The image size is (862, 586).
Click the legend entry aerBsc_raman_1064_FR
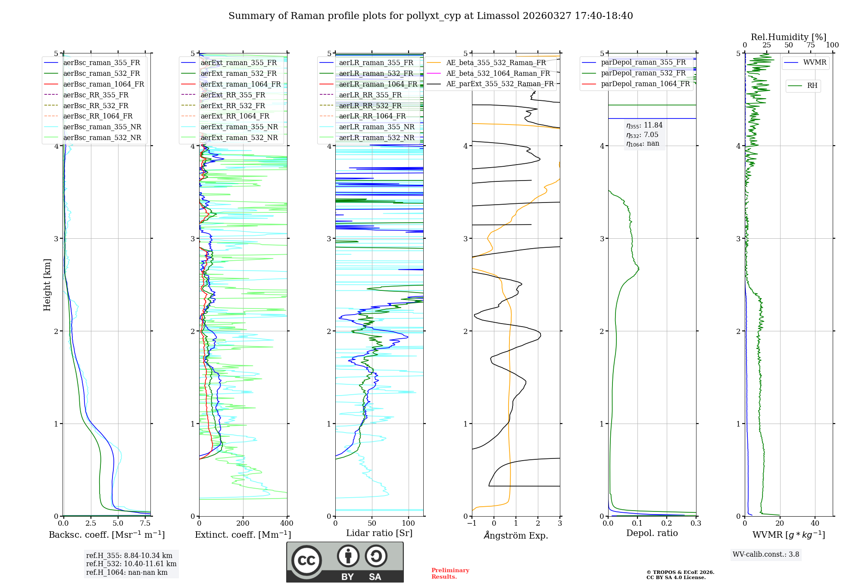pyautogui.click(x=103, y=84)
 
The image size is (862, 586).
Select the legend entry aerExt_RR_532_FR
pyautogui.click(x=235, y=106)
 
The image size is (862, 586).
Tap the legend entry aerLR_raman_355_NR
pyautogui.click(x=376, y=127)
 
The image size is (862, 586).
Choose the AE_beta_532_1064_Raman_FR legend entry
pyautogui.click(x=498, y=74)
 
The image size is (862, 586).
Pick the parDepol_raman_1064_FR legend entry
pyautogui.click(x=645, y=84)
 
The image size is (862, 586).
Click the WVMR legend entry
pyautogui.click(x=815, y=63)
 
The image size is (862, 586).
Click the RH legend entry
pyautogui.click(x=812, y=86)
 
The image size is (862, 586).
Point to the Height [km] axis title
pyautogui.click(x=47, y=285)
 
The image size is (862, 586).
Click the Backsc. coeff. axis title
pyautogui.click(x=106, y=535)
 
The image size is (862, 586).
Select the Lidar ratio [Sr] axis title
pyautogui.click(x=379, y=533)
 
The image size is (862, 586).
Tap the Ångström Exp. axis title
pyautogui.click(x=515, y=536)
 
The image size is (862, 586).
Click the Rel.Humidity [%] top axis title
pyautogui.click(x=788, y=37)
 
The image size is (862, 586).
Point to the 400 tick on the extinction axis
pyautogui.click(x=287, y=524)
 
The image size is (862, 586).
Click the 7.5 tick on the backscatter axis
pyautogui.click(x=145, y=524)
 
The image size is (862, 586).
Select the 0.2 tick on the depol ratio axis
pyautogui.click(x=666, y=524)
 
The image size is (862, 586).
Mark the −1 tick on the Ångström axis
pyautogui.click(x=472, y=524)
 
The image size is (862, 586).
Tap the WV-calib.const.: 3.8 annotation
pyautogui.click(x=765, y=555)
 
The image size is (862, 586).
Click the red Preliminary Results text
pyautogui.click(x=450, y=574)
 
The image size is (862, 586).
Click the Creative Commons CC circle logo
pyautogui.click(x=306, y=561)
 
